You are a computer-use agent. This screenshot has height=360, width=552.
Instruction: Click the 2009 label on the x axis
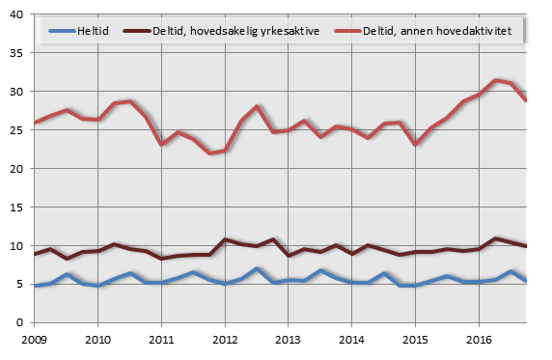pos(35,340)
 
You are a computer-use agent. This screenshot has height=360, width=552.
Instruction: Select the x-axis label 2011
pos(161,340)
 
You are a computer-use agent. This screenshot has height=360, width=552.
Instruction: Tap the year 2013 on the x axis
pos(288,340)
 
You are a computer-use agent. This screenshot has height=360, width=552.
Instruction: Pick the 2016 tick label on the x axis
pos(478,340)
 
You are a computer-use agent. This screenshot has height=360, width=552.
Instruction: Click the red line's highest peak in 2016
pos(495,80)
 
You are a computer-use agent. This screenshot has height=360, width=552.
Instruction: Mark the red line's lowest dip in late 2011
pos(209,153)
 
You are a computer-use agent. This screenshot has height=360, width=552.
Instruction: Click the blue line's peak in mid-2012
pos(257,268)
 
